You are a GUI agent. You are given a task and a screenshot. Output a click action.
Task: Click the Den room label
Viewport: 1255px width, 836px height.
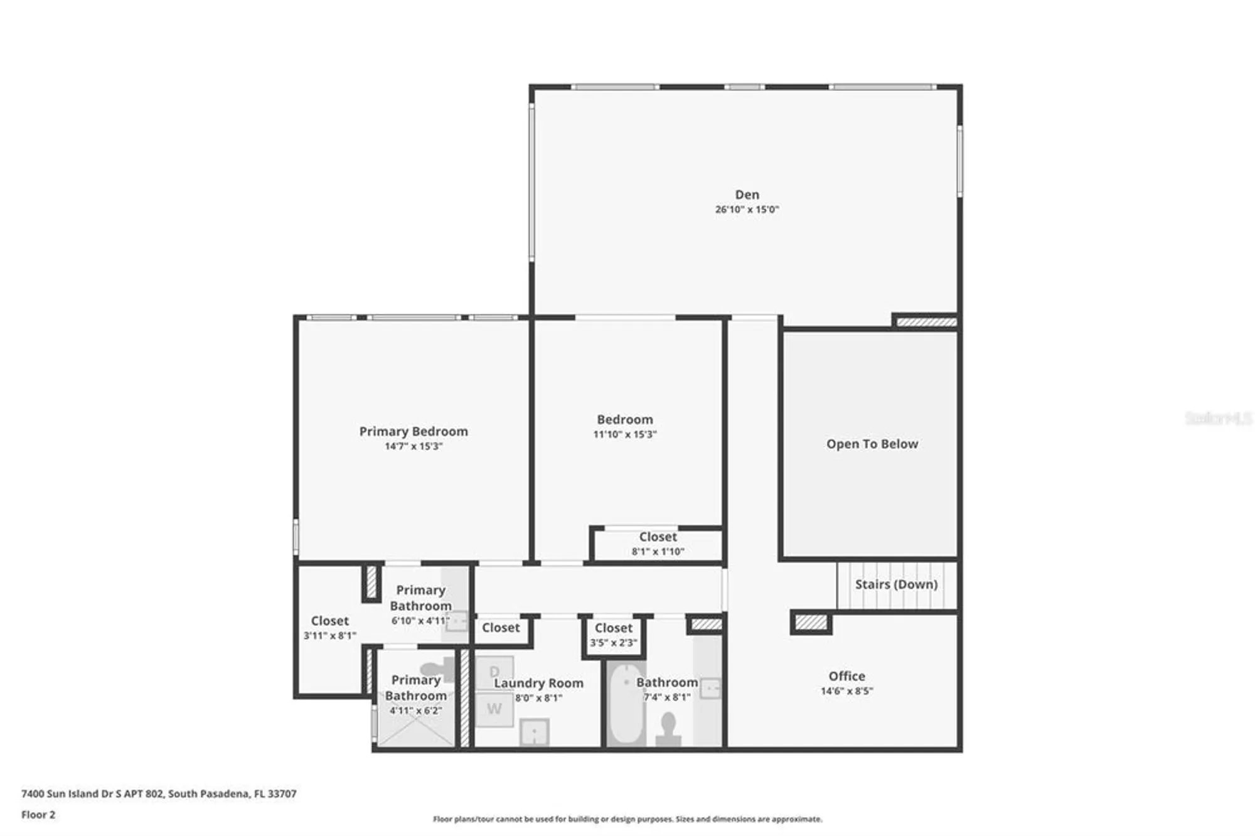coord(747,195)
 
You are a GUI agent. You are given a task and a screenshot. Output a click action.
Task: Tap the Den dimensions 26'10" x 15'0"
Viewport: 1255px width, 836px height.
coord(747,210)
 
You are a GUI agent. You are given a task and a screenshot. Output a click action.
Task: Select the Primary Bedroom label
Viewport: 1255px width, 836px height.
coord(414,431)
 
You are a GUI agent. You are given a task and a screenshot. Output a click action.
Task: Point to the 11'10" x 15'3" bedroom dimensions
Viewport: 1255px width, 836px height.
coord(625,434)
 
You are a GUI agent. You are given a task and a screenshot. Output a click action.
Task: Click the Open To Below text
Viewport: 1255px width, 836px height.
coord(872,444)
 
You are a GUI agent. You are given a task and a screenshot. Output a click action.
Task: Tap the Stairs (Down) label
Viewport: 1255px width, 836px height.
coord(896,584)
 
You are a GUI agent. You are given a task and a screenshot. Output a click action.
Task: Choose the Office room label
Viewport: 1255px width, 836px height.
coord(846,676)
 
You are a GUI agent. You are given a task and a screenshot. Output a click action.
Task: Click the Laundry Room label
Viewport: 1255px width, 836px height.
coord(538,683)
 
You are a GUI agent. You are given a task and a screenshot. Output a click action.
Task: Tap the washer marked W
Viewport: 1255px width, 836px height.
coord(494,709)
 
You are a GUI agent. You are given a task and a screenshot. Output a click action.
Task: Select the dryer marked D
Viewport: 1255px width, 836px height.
coord(494,672)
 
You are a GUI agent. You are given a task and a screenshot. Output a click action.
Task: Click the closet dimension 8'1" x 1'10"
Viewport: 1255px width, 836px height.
coord(658,552)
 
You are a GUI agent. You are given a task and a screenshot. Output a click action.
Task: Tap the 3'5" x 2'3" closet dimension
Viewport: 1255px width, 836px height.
coord(613,643)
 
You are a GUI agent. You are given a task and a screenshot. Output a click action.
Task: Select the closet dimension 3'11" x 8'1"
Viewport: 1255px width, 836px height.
coord(329,636)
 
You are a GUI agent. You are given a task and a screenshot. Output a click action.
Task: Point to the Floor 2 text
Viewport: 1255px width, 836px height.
coord(38,815)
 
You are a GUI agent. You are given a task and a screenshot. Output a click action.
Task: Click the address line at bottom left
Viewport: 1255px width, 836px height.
coord(159,793)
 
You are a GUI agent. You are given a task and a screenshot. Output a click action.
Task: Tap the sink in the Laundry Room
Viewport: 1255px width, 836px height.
coord(534,732)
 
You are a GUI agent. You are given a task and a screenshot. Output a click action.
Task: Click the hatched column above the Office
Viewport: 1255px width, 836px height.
coord(811,623)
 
